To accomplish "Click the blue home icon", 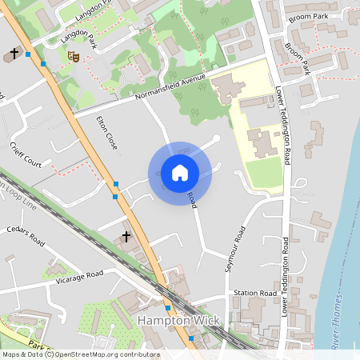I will tap(180, 172).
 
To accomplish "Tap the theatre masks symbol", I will tap(72, 56).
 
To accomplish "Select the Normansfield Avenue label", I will tap(170, 86).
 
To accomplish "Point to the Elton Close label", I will tap(106, 132).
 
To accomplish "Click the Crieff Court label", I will tap(26, 155).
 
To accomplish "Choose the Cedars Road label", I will tap(26, 236).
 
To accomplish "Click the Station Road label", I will tap(254, 294).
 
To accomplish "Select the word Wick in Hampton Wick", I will tap(208, 320).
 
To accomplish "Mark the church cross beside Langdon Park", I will tap(14, 54).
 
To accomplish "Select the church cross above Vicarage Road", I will tap(126, 238).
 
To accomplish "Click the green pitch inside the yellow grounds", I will tap(264, 173).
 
